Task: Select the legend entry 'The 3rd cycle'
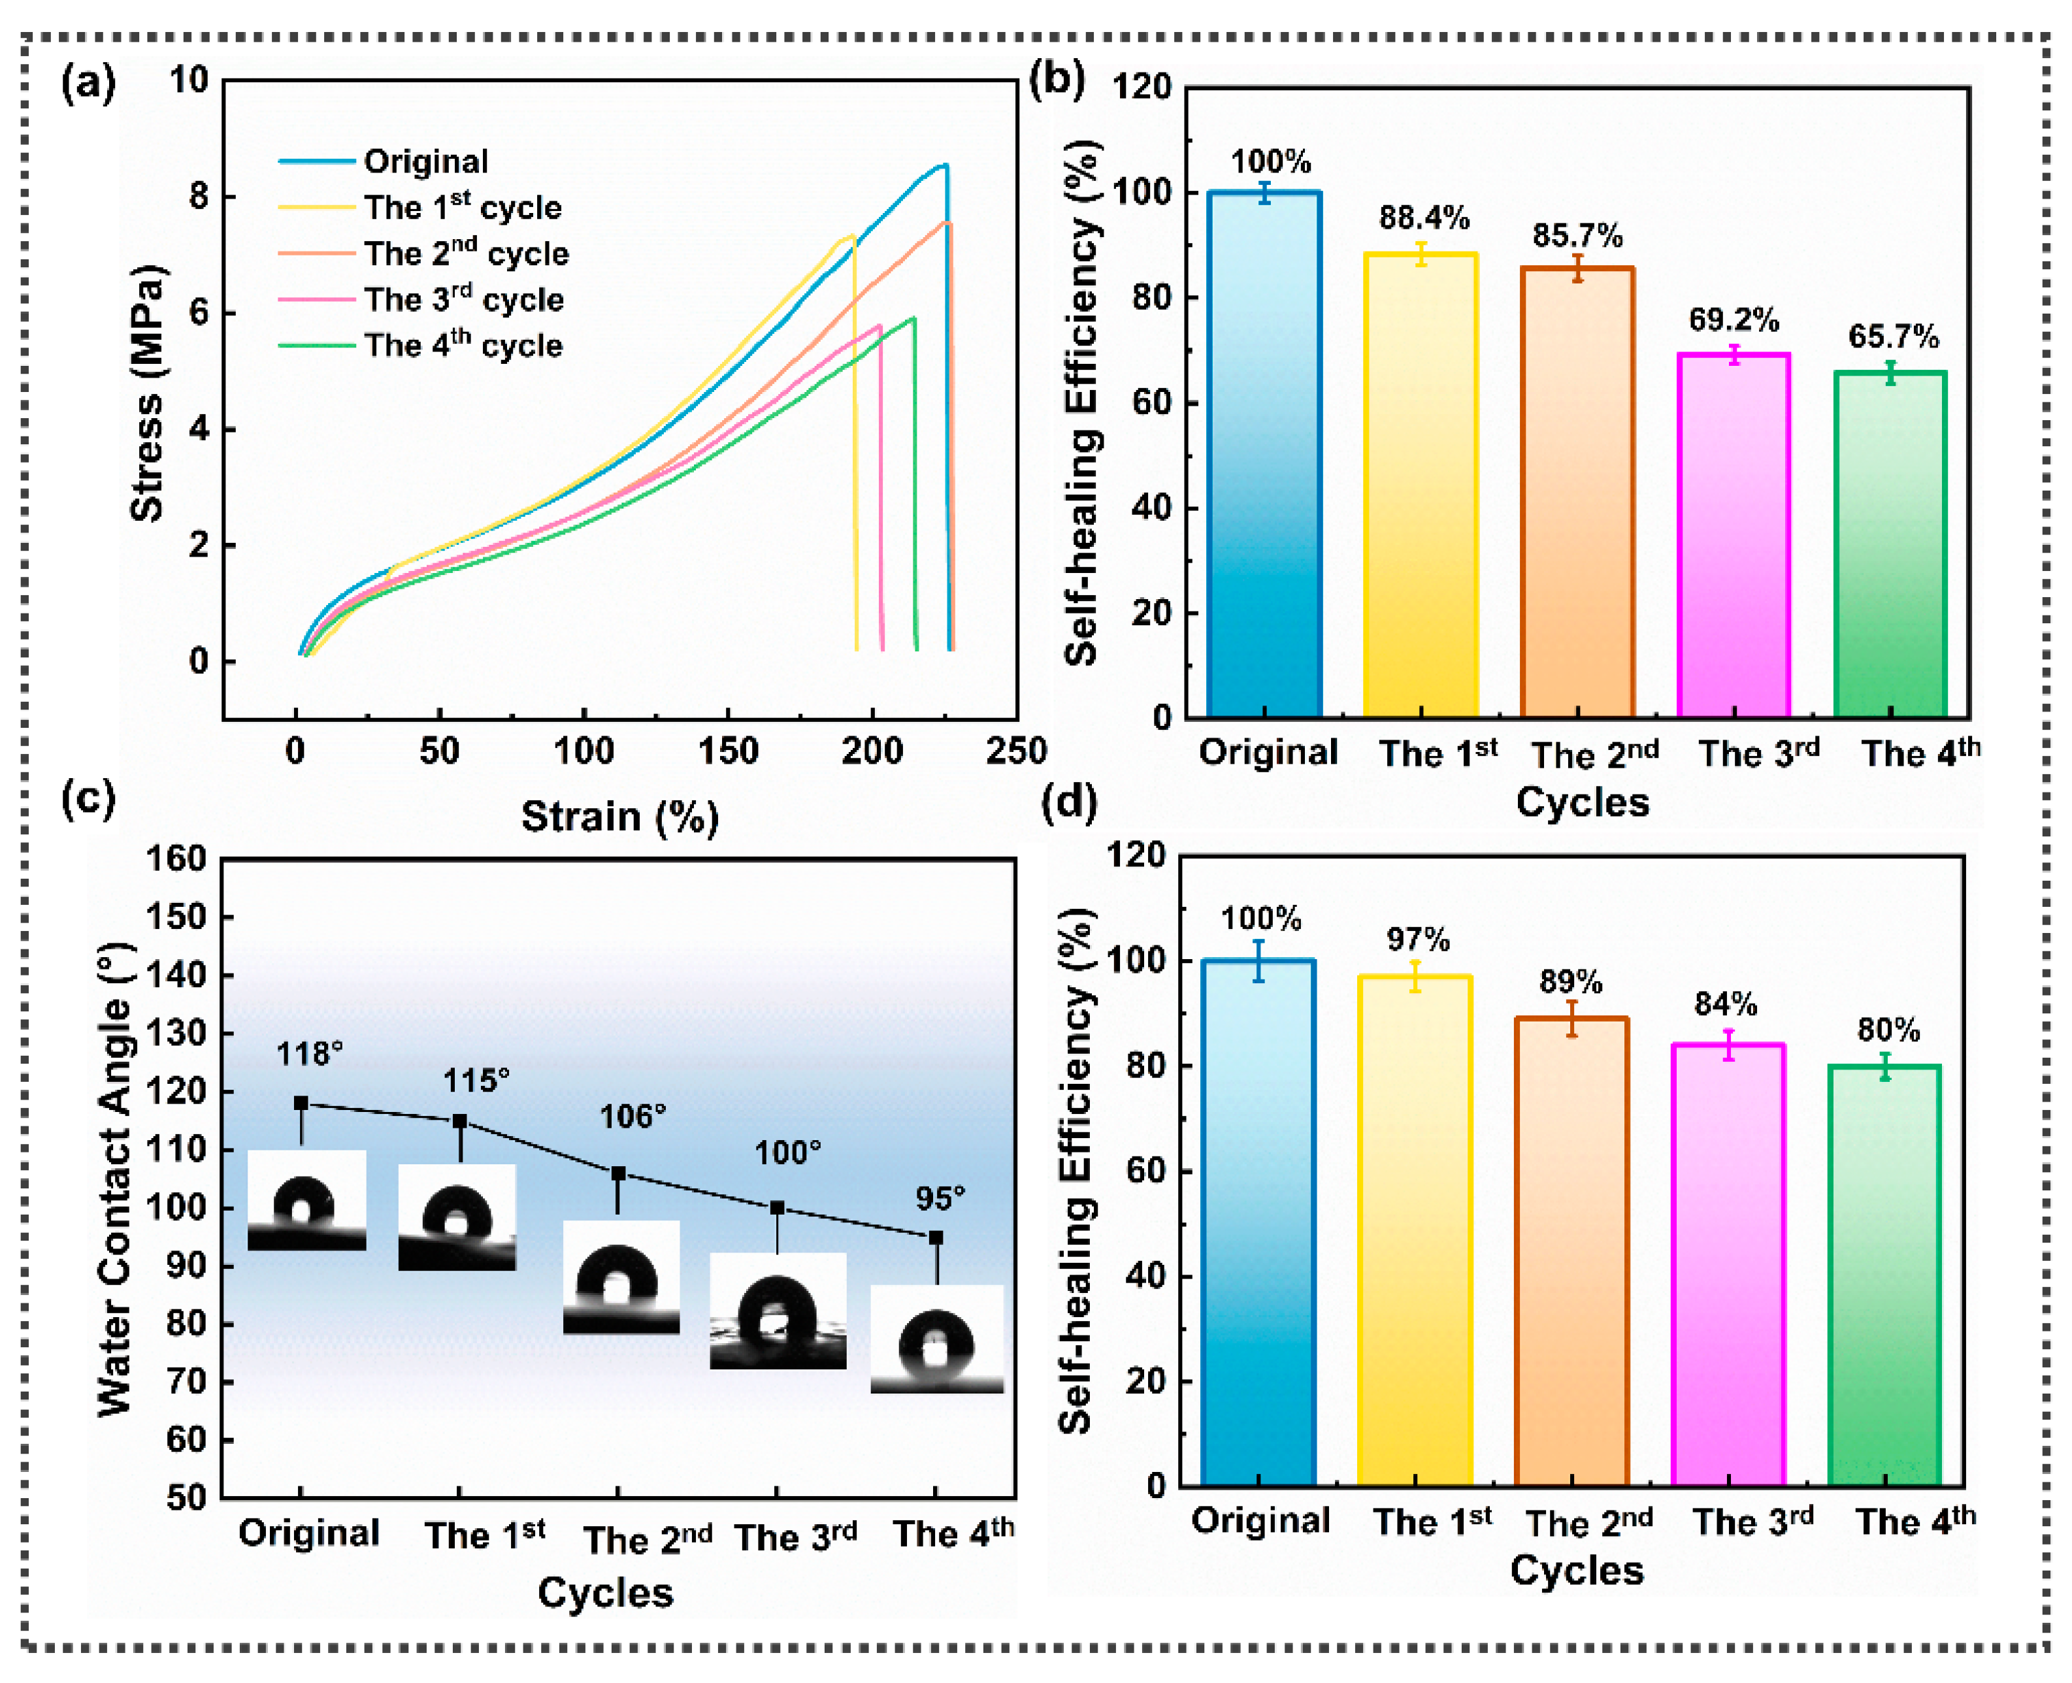coord(463,300)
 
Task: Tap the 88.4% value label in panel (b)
coord(1423,218)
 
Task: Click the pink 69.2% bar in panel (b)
coord(1733,533)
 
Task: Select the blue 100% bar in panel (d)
coord(1258,1222)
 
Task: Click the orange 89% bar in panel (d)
coord(1571,1250)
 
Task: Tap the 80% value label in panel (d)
coord(1888,1030)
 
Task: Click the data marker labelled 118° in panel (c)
coord(301,1103)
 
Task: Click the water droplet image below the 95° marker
coord(936,1340)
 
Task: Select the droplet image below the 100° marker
coord(778,1311)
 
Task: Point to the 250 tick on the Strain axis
coord(1016,751)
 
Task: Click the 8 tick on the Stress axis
coord(199,197)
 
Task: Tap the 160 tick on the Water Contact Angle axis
coord(176,859)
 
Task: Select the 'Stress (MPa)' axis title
coord(148,393)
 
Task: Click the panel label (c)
coord(88,798)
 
